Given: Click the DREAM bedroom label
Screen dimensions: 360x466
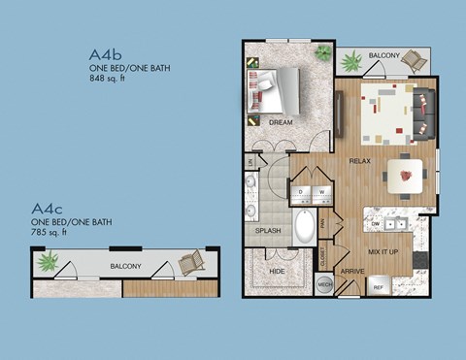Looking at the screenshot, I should pyautogui.click(x=281, y=123).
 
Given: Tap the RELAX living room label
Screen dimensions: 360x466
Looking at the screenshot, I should pyautogui.click(x=360, y=161).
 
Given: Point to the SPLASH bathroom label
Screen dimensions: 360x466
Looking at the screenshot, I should pyautogui.click(x=268, y=231).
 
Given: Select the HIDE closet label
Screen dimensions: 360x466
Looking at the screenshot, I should pyautogui.click(x=277, y=272).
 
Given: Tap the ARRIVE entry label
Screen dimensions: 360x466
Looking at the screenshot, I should pyautogui.click(x=352, y=272).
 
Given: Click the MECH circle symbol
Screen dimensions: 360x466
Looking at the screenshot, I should pyautogui.click(x=325, y=284).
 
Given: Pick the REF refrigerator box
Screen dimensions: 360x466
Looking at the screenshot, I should pyautogui.click(x=378, y=286).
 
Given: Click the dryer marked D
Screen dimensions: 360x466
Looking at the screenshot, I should pyautogui.click(x=301, y=192).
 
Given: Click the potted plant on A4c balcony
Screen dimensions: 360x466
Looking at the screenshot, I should pyautogui.click(x=46, y=261).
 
